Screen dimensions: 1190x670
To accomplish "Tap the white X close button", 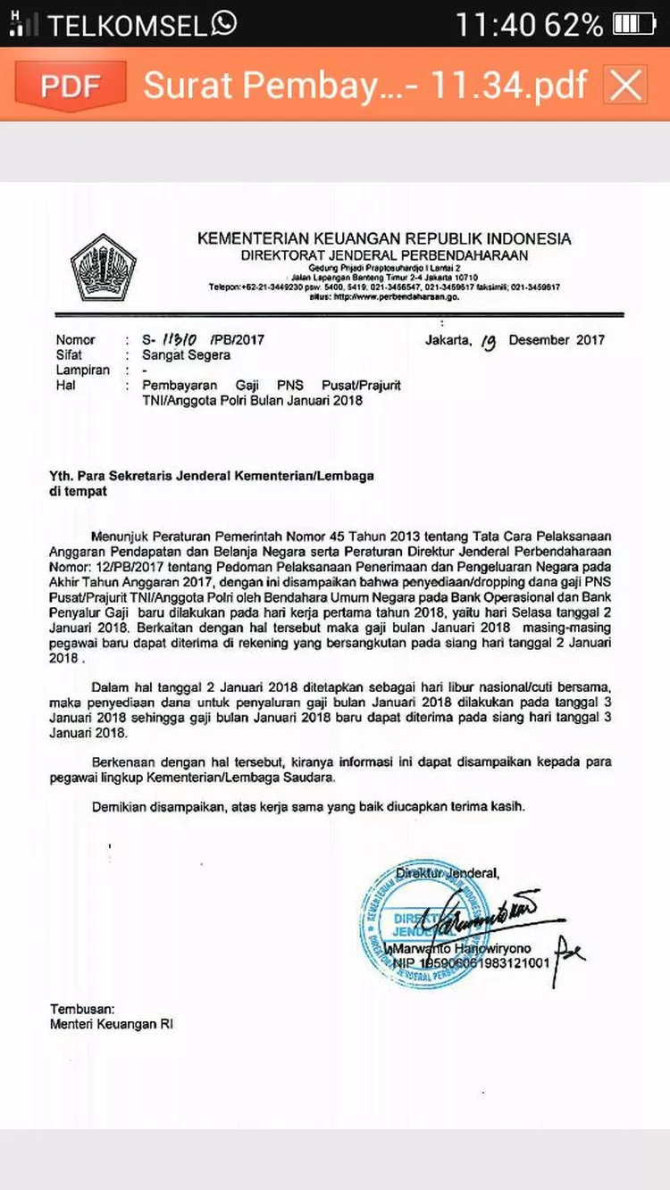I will click(x=625, y=86).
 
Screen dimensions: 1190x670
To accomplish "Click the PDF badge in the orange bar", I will click(x=70, y=86).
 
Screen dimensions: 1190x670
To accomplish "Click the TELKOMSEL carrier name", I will click(x=127, y=25).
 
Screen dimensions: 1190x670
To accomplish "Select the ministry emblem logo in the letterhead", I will click(x=104, y=266).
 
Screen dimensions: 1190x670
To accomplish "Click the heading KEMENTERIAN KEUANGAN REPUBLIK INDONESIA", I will click(x=384, y=239).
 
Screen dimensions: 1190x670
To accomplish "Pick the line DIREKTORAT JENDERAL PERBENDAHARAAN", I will click(x=384, y=255).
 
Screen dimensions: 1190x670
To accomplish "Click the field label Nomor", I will click(x=75, y=340).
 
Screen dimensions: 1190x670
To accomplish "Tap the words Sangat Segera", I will click(x=186, y=355).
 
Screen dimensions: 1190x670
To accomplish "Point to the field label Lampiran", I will click(x=82, y=370).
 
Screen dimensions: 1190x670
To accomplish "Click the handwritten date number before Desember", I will click(x=487, y=341).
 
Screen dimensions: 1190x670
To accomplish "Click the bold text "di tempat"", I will click(x=79, y=492).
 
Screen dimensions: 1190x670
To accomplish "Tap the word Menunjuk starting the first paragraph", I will click(x=124, y=537).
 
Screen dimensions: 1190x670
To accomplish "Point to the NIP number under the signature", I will click(x=472, y=965).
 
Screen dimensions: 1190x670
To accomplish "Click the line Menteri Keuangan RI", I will click(x=112, y=1025).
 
